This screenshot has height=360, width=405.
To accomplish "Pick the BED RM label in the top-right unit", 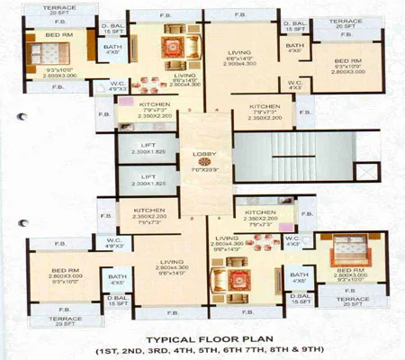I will pos(345,57).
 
